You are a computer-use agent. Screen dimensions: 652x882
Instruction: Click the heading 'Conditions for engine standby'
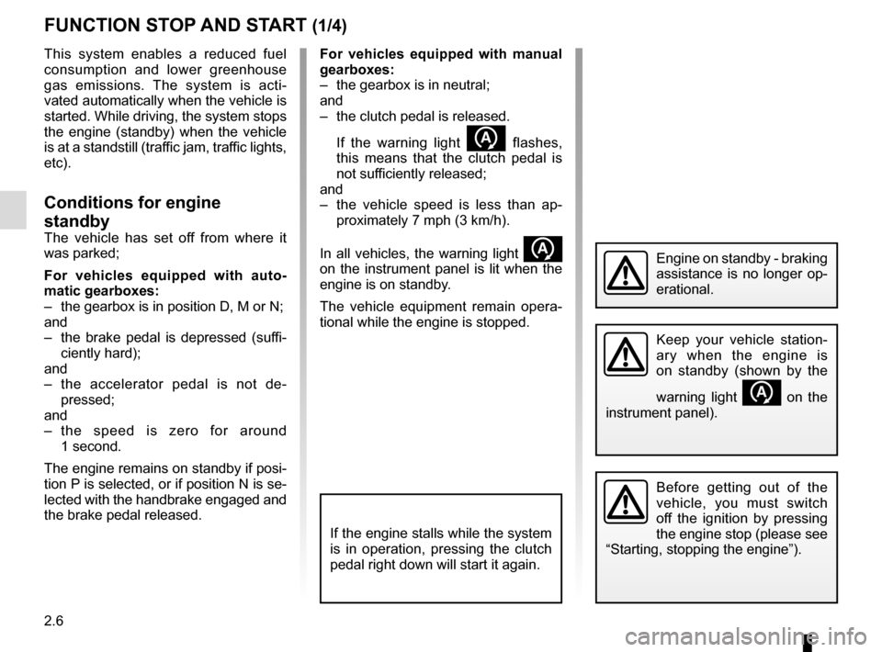pyautogui.click(x=131, y=211)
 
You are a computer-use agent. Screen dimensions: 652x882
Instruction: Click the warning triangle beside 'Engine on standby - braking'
pyautogui.click(x=626, y=273)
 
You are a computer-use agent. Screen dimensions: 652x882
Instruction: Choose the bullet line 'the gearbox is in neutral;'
pyautogui.click(x=413, y=84)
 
